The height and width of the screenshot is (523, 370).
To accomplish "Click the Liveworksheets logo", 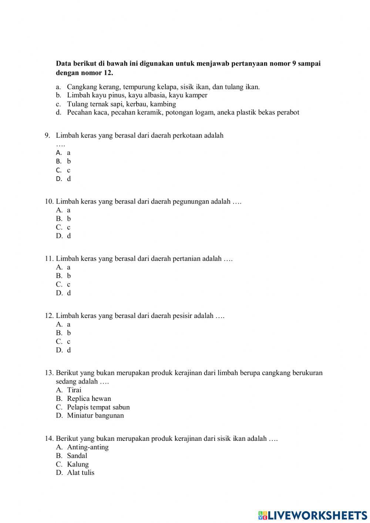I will pyautogui.click(x=313, y=515).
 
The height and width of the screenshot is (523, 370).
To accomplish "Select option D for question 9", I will pyautogui.click(x=63, y=179).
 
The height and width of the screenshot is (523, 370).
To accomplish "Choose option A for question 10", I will pyautogui.click(x=63, y=210).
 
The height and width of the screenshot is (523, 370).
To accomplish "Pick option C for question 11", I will pyautogui.click(x=63, y=284).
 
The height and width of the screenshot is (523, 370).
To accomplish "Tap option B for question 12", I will pyautogui.click(x=63, y=333).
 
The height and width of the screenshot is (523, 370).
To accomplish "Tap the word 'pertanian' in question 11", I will pyautogui.click(x=186, y=259).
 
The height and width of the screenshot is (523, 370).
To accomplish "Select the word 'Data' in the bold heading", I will pyautogui.click(x=63, y=63).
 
